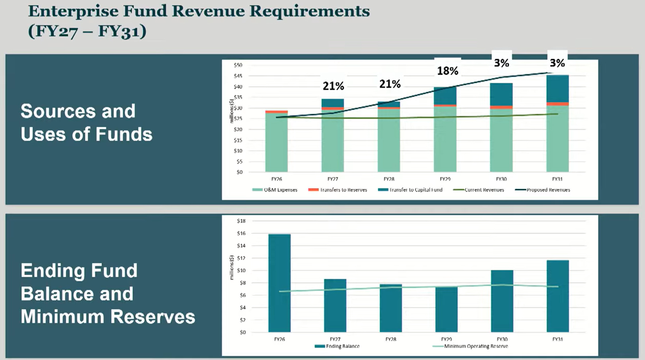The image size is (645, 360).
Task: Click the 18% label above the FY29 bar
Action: point(447,71)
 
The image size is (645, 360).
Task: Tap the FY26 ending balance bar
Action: point(279,283)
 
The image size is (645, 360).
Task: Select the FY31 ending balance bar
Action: point(558,296)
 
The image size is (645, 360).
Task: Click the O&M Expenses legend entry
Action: point(275,190)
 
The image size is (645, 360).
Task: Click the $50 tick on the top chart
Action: point(238,65)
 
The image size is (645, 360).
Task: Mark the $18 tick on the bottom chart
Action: point(241,221)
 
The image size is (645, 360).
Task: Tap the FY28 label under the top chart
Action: point(389,179)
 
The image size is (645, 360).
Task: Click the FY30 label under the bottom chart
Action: point(502,339)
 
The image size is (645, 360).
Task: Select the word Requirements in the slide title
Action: point(309,11)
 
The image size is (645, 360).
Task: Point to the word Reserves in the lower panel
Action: point(153,317)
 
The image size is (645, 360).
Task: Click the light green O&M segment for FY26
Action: point(276,143)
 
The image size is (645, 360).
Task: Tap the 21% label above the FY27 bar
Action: point(333,86)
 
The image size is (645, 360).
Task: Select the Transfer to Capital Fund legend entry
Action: point(410,190)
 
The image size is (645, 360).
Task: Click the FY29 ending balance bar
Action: point(446,309)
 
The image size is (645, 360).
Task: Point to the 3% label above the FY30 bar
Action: point(501,63)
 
